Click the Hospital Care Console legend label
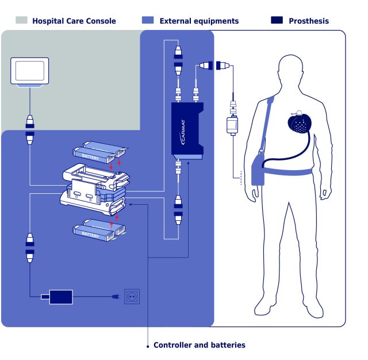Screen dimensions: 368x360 tap(74, 21)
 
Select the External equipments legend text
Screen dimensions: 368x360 tap(199, 21)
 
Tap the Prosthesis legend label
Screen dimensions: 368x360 tap(309, 21)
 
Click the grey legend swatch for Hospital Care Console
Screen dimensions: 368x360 tap(21, 20)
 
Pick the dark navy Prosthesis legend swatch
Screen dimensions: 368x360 tap(277, 20)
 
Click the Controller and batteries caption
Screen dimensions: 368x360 tap(200, 345)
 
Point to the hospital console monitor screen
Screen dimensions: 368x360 tap(29, 71)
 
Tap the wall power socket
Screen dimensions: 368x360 tap(132, 297)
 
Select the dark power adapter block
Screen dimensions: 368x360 tap(61, 297)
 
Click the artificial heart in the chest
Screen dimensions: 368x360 tap(300, 124)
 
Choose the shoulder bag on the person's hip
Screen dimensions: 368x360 tap(258, 168)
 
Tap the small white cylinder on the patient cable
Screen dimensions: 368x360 tap(232, 125)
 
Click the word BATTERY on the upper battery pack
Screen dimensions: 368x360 tap(90, 157)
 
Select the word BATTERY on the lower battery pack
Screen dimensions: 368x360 tap(90, 235)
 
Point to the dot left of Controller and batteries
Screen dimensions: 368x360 tap(148, 346)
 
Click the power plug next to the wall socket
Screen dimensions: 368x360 tap(116, 297)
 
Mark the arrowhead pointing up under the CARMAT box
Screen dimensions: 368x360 tap(188, 162)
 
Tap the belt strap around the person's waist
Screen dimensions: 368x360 tap(289, 171)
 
